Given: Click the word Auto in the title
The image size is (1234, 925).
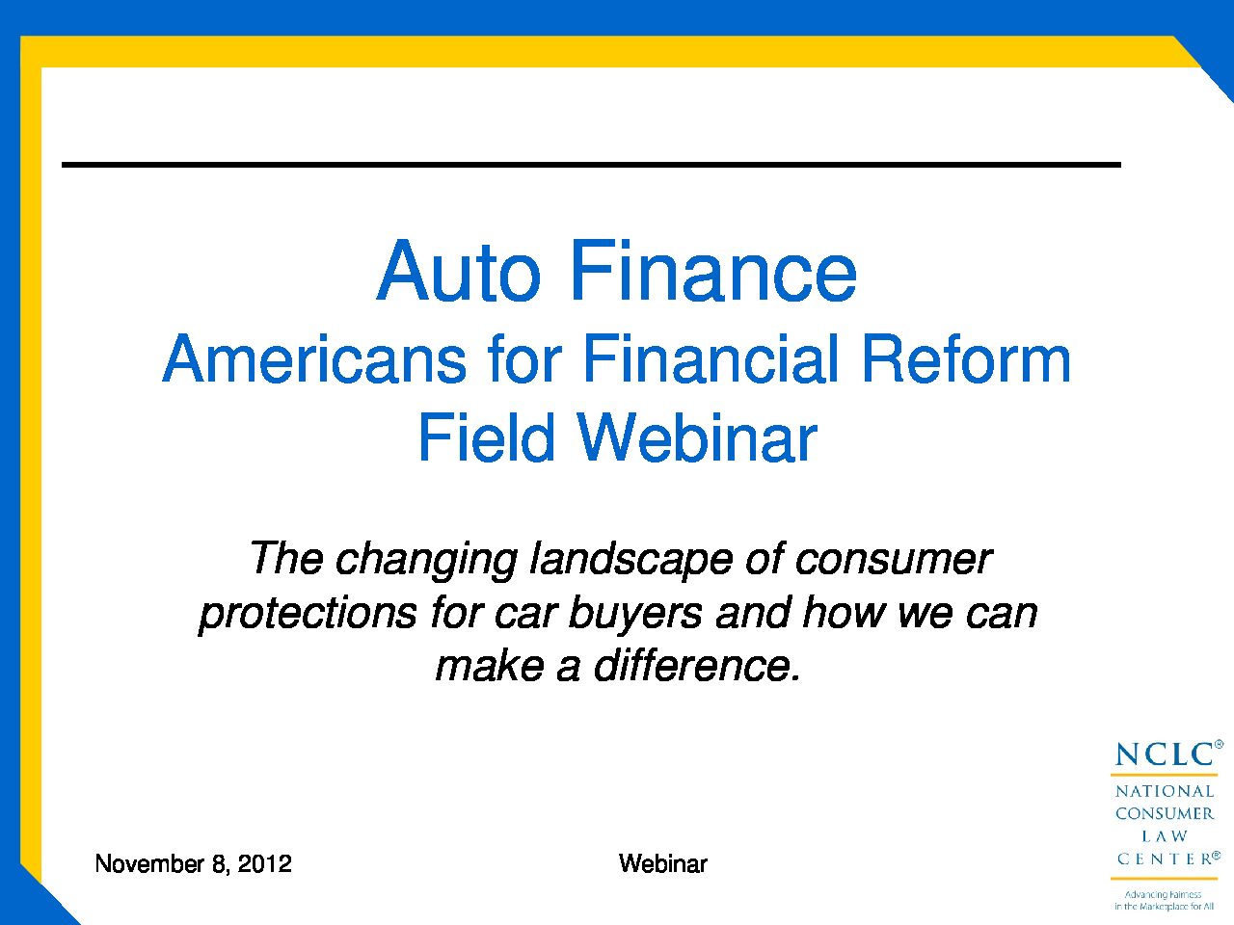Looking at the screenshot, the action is click(459, 272).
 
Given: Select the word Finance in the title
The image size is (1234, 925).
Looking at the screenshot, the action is click(714, 272).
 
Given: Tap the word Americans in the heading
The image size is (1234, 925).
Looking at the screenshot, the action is click(314, 359).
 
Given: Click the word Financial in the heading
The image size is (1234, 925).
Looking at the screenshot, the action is click(711, 359).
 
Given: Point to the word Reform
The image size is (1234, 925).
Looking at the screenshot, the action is click(966, 359).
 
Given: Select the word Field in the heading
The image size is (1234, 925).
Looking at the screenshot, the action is click(486, 437).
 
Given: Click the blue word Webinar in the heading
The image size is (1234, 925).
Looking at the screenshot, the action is click(698, 437).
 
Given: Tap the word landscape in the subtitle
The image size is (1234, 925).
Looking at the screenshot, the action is click(631, 560).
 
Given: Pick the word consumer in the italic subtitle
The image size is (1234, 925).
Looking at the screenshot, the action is click(894, 560).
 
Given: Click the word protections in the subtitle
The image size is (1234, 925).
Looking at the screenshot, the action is click(308, 614).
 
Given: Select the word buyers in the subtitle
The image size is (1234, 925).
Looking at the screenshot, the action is click(636, 614).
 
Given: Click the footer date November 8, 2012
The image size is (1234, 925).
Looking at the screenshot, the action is click(194, 863).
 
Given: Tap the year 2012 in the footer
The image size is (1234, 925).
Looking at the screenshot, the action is click(265, 863).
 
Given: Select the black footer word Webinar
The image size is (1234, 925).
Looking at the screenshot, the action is click(663, 863).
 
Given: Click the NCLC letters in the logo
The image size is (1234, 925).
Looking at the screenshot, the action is click(1165, 754).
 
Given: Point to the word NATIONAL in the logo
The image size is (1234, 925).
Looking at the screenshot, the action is click(1165, 791).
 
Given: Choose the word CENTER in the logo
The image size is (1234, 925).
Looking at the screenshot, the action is click(1165, 859).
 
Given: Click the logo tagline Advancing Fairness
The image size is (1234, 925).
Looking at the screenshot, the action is click(1164, 895).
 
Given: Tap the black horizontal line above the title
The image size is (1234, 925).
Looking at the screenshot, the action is click(591, 165).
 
